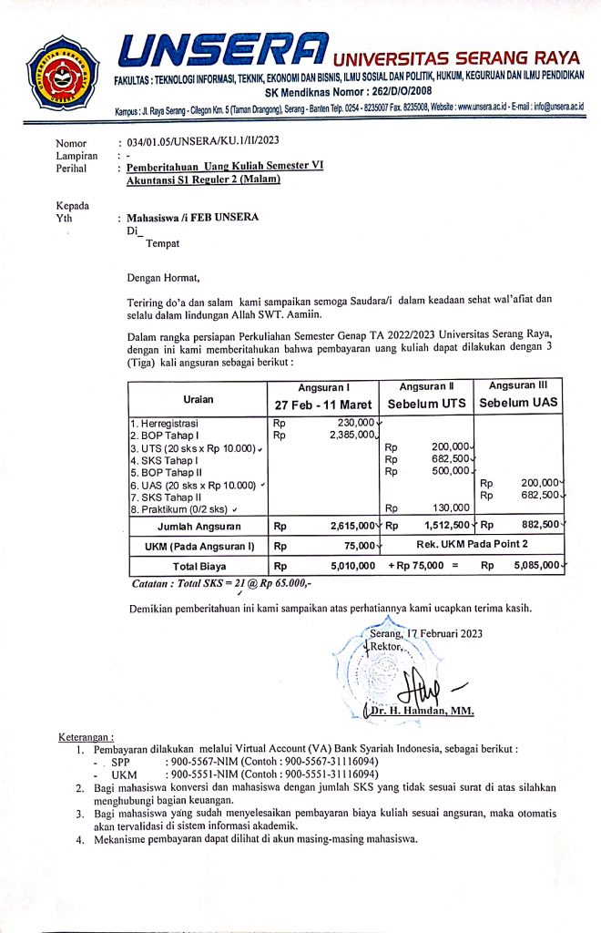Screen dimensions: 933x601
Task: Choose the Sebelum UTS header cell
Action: [x=426, y=403]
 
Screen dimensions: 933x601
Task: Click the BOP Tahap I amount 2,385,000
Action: [x=345, y=435]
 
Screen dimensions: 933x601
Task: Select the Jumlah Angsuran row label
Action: [x=199, y=526]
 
